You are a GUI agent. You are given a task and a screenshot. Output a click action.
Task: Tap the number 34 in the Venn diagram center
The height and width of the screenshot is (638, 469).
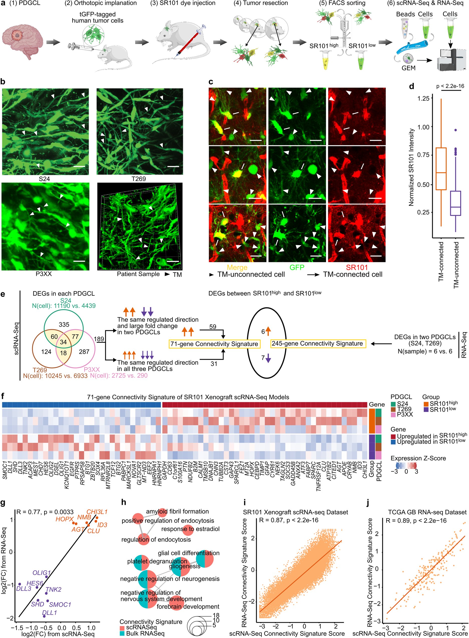click(63, 342)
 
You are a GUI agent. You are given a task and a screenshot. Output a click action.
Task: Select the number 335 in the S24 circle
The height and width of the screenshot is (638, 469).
click(64, 325)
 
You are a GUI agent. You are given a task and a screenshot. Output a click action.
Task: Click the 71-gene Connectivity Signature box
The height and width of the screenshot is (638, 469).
click(214, 344)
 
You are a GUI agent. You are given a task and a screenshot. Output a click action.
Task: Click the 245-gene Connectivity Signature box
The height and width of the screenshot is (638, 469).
click(317, 344)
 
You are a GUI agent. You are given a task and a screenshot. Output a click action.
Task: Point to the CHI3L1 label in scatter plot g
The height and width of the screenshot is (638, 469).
click(97, 512)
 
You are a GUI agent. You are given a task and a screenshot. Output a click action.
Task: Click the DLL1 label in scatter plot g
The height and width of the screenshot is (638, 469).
click(49, 612)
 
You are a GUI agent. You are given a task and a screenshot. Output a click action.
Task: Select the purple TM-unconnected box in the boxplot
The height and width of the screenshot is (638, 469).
click(455, 203)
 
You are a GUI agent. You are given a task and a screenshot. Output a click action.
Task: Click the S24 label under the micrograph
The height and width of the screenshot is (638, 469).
click(44, 179)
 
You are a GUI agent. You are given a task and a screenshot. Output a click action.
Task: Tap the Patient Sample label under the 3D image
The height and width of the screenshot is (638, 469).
click(138, 274)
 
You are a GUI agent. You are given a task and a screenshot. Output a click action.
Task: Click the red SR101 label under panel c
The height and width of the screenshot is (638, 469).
click(357, 267)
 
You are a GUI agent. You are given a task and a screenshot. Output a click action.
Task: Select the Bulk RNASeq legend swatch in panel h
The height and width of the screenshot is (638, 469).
click(122, 633)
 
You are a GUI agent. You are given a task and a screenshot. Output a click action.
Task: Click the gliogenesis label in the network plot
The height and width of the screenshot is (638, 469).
click(184, 566)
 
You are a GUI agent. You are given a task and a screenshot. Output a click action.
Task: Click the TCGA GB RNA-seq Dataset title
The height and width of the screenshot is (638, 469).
click(427, 512)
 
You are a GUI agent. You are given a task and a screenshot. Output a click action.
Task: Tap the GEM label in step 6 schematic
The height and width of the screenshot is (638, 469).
click(408, 68)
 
